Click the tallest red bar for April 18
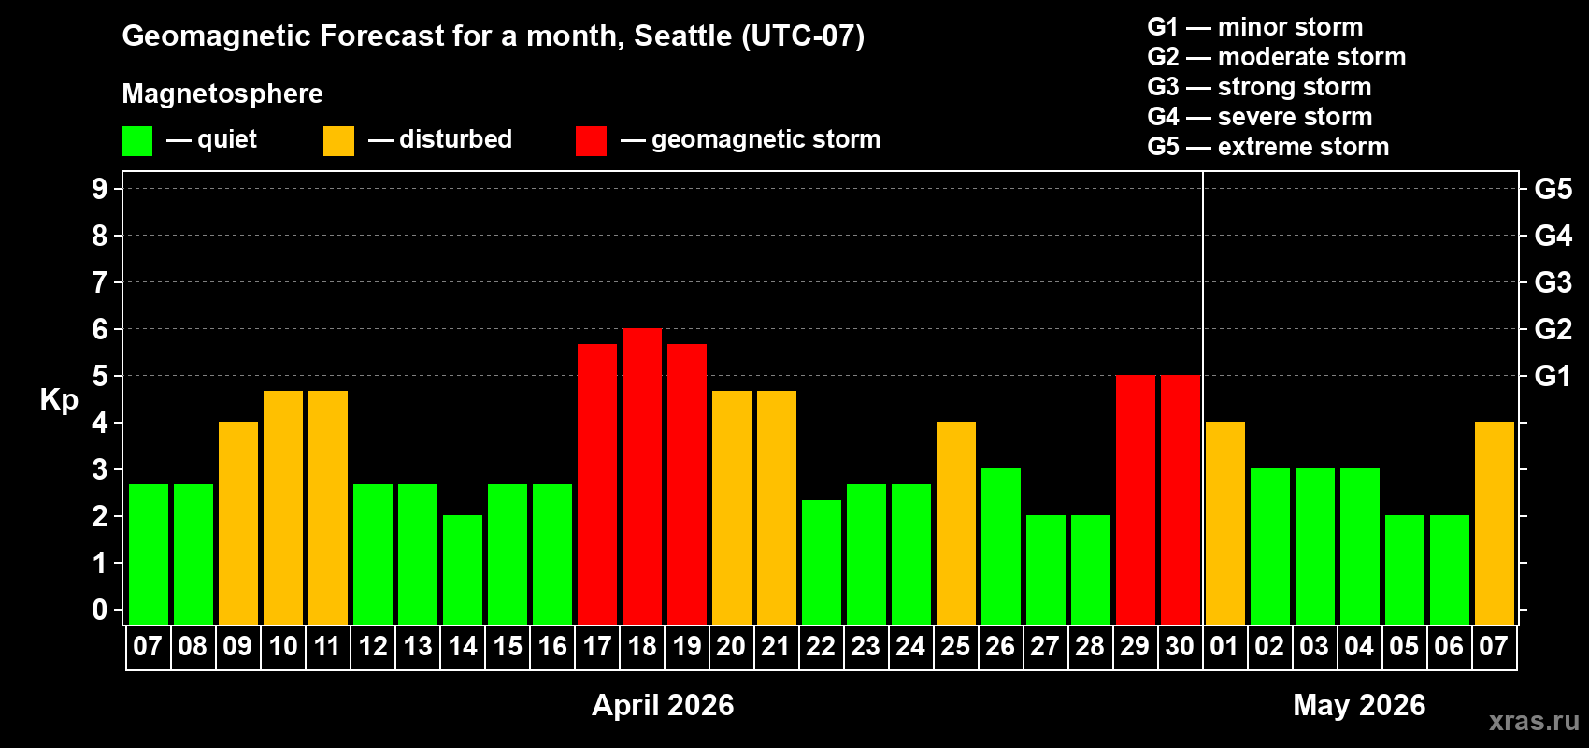point(642,476)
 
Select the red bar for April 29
point(1136,499)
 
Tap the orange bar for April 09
point(238,523)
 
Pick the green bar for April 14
point(463,569)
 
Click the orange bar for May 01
point(1225,523)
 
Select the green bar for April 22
point(822,562)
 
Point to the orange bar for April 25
point(956,523)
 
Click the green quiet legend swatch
point(137,141)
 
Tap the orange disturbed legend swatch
point(338,141)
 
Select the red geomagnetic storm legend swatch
point(591,141)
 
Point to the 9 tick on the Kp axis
point(100,189)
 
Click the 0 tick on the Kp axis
point(100,610)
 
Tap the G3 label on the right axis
point(1553,282)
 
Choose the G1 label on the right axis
point(1553,376)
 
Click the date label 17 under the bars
point(597,646)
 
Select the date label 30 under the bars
point(1180,646)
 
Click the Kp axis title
point(59,399)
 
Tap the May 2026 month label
point(1359,705)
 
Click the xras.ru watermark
point(1534,721)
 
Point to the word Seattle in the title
point(683,36)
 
